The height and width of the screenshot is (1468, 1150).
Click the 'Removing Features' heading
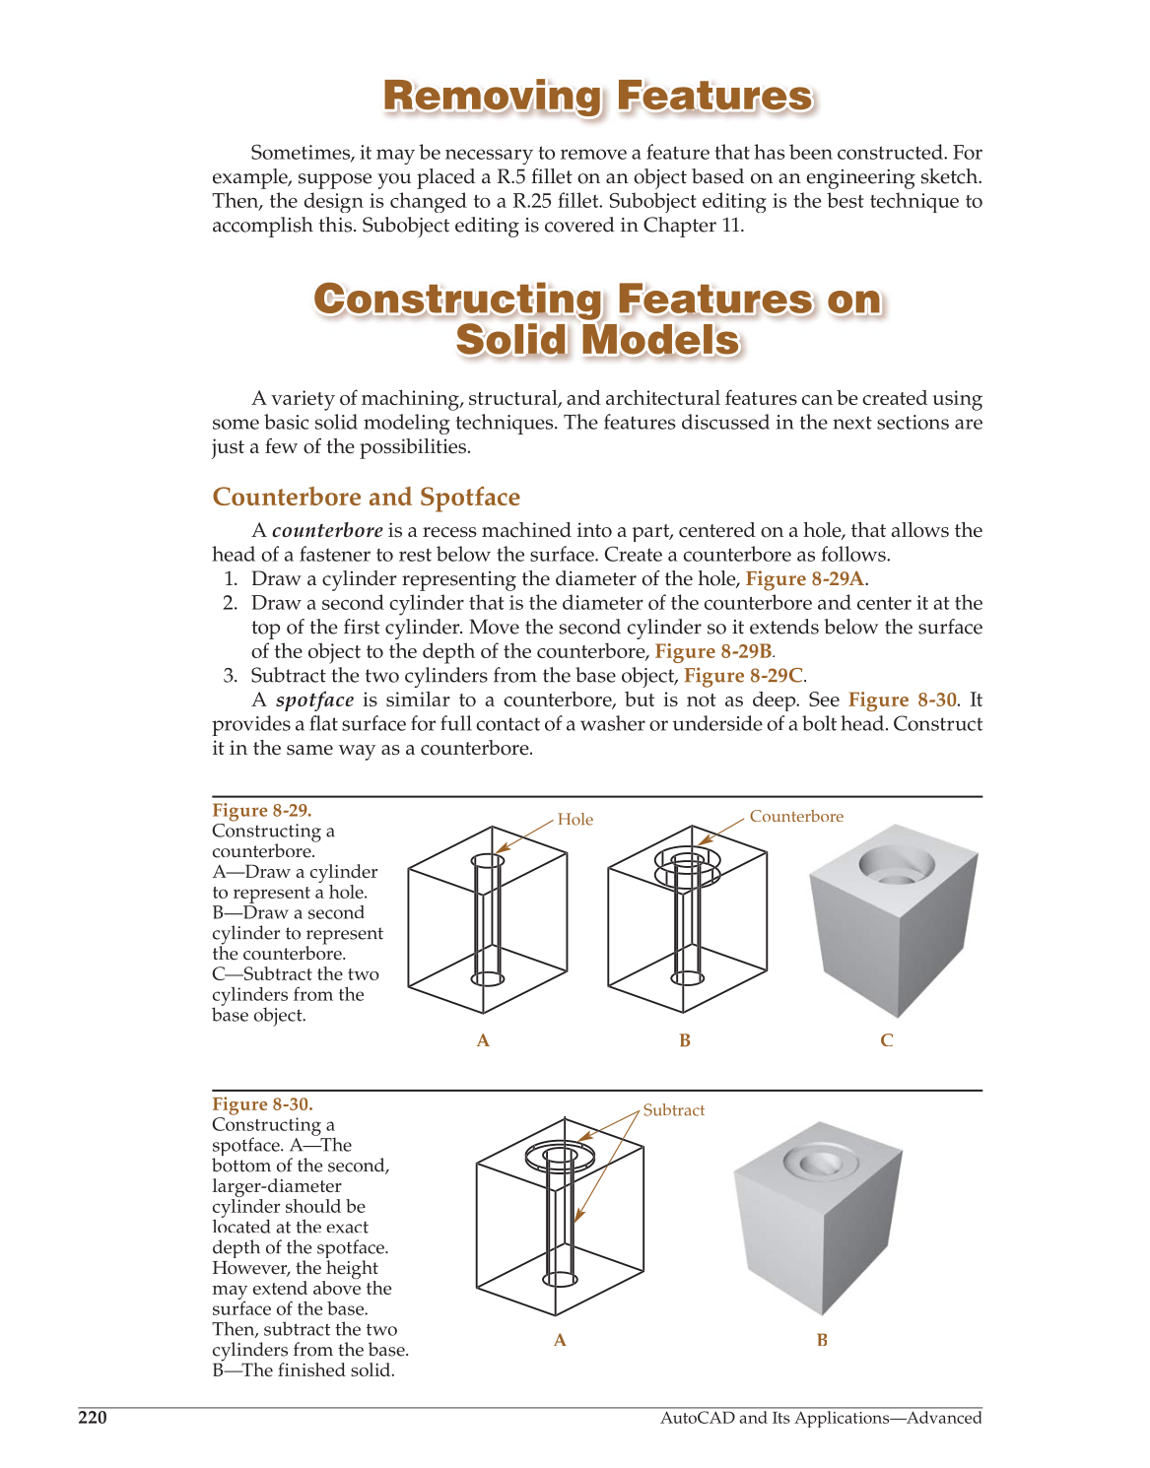(x=597, y=97)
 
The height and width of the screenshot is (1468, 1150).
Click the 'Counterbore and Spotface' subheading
(x=366, y=498)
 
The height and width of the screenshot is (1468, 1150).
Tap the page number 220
(x=93, y=1418)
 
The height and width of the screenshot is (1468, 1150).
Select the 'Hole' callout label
(x=575, y=820)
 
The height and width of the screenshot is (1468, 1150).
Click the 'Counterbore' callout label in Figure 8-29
(x=795, y=817)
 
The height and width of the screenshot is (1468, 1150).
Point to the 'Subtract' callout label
(x=673, y=1110)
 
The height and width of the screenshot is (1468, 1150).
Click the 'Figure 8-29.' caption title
(x=261, y=810)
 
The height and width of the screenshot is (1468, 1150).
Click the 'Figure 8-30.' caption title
(x=262, y=1104)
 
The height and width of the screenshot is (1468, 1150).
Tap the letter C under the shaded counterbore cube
(x=886, y=1040)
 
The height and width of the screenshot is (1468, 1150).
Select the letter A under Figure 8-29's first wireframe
(x=483, y=1040)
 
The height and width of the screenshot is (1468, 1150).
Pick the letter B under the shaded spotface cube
(x=822, y=1340)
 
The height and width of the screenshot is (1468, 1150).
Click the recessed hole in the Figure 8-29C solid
(x=895, y=867)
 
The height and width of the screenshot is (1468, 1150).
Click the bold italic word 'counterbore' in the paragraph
(x=327, y=531)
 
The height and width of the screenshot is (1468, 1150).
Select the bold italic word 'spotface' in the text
(x=314, y=701)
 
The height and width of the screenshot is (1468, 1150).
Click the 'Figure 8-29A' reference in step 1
(x=804, y=579)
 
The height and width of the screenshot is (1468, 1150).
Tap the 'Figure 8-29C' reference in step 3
(x=743, y=676)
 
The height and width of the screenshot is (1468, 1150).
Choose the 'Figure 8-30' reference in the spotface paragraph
(x=902, y=701)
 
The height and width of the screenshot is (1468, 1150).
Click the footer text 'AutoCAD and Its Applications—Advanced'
(x=820, y=1418)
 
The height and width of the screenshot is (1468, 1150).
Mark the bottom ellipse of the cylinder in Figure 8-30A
(x=560, y=1279)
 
